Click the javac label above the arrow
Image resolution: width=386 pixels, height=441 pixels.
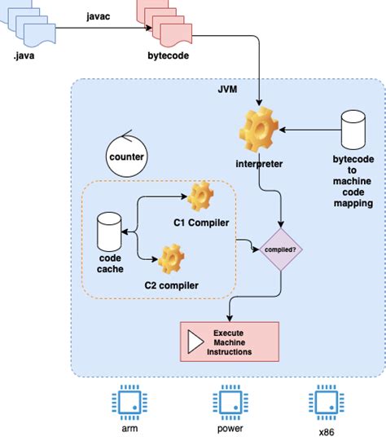[x=98, y=16]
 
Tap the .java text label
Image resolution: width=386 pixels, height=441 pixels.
[x=24, y=55]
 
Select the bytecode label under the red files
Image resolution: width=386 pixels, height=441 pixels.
[x=169, y=55]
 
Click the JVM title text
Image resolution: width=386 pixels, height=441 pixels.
[x=227, y=89]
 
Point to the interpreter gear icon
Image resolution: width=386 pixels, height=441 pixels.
[x=259, y=130]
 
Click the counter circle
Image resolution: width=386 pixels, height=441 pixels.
[x=127, y=156]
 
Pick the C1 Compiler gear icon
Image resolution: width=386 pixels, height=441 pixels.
[x=200, y=196]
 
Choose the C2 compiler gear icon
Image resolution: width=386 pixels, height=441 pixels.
[x=171, y=258]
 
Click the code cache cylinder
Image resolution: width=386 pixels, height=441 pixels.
[x=109, y=232]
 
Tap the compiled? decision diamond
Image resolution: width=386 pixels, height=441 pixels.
[x=281, y=249]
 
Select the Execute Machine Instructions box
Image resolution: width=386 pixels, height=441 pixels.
[x=230, y=342]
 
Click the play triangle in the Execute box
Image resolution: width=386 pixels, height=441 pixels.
[x=195, y=342]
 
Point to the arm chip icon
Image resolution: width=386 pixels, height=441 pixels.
[x=129, y=403]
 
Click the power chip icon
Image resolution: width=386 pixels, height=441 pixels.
[x=230, y=403]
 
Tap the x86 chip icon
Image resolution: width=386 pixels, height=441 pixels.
[x=327, y=403]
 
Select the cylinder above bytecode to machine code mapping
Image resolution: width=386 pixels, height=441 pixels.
[x=353, y=130]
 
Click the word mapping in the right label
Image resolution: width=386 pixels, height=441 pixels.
[x=353, y=203]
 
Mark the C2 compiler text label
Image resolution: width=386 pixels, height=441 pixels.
[x=171, y=285]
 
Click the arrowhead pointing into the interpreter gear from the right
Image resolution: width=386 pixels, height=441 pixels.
[x=283, y=130]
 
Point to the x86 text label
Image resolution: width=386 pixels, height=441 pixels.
[x=327, y=432]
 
